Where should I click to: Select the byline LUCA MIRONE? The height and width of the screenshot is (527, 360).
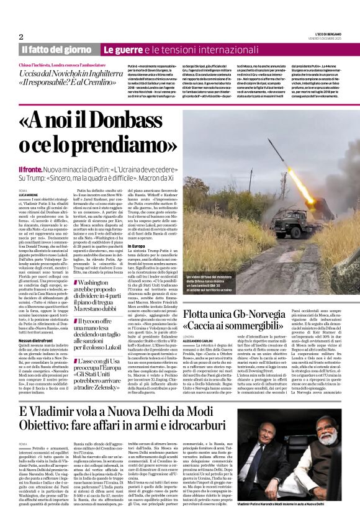31,195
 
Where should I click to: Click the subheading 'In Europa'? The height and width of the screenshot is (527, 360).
137,246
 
